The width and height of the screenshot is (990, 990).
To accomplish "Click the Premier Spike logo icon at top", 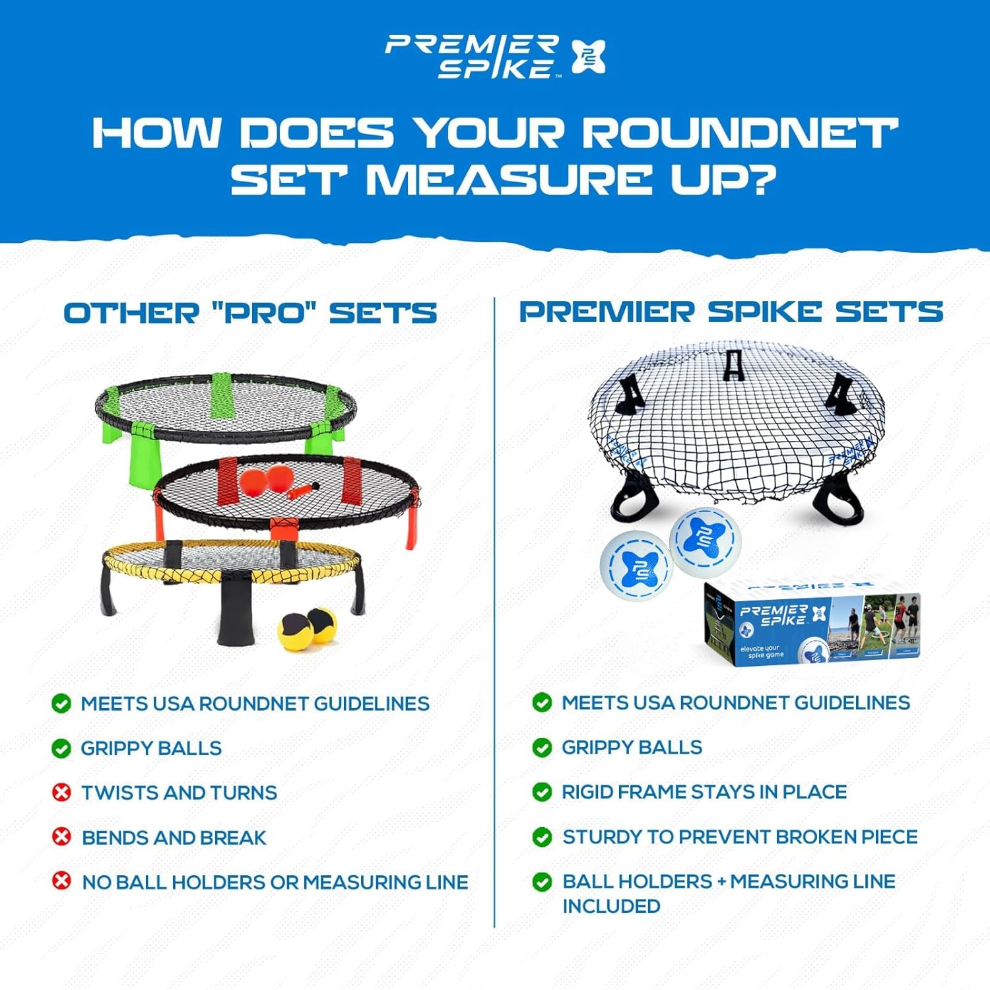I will (x=588, y=57).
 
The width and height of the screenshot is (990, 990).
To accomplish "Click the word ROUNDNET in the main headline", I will (x=739, y=133).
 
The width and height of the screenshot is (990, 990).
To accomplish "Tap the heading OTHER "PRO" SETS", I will (x=250, y=313).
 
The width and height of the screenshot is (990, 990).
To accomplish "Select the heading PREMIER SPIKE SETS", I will (x=731, y=312).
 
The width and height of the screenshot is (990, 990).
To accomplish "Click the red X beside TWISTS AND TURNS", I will (x=61, y=792).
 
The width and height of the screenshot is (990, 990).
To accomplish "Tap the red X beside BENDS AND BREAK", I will (x=61, y=837).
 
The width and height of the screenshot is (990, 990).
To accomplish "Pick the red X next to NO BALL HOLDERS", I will (x=61, y=881).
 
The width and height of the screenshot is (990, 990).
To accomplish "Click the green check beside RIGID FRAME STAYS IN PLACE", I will (x=542, y=791).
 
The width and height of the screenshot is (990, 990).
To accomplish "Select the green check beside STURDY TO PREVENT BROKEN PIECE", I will (x=542, y=837).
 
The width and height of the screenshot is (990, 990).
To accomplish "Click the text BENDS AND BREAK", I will (x=174, y=838).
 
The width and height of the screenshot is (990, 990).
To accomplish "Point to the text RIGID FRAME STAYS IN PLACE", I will (x=704, y=791).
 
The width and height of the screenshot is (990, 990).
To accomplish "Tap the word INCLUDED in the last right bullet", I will (x=611, y=906).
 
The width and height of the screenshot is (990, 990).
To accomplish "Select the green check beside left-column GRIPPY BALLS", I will (x=61, y=748).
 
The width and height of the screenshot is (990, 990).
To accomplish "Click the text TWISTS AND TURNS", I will (x=179, y=793).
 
